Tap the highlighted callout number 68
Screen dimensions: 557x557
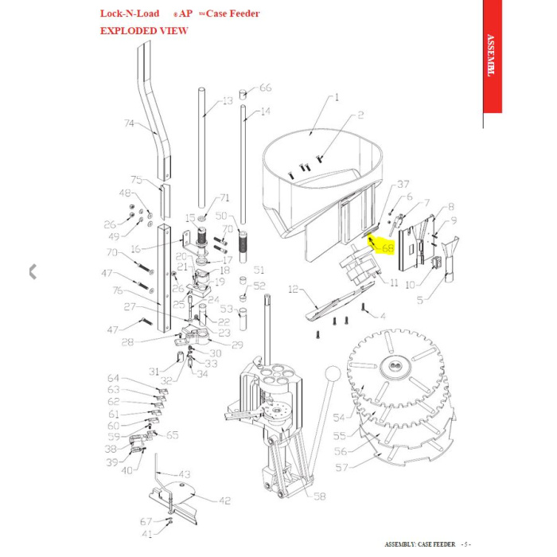[x=388, y=247]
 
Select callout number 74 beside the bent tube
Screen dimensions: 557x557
[x=130, y=123]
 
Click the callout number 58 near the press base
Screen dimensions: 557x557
[x=319, y=496]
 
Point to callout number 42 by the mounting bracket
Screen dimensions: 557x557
[x=224, y=501]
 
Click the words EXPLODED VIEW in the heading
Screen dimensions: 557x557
[x=143, y=30]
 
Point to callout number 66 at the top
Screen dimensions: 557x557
[x=266, y=88]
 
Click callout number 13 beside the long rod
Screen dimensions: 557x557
[x=228, y=101]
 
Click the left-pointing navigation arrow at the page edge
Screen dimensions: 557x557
[x=33, y=271]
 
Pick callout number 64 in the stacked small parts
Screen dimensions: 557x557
[x=113, y=379]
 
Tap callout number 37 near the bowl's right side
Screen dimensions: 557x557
[x=403, y=184]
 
